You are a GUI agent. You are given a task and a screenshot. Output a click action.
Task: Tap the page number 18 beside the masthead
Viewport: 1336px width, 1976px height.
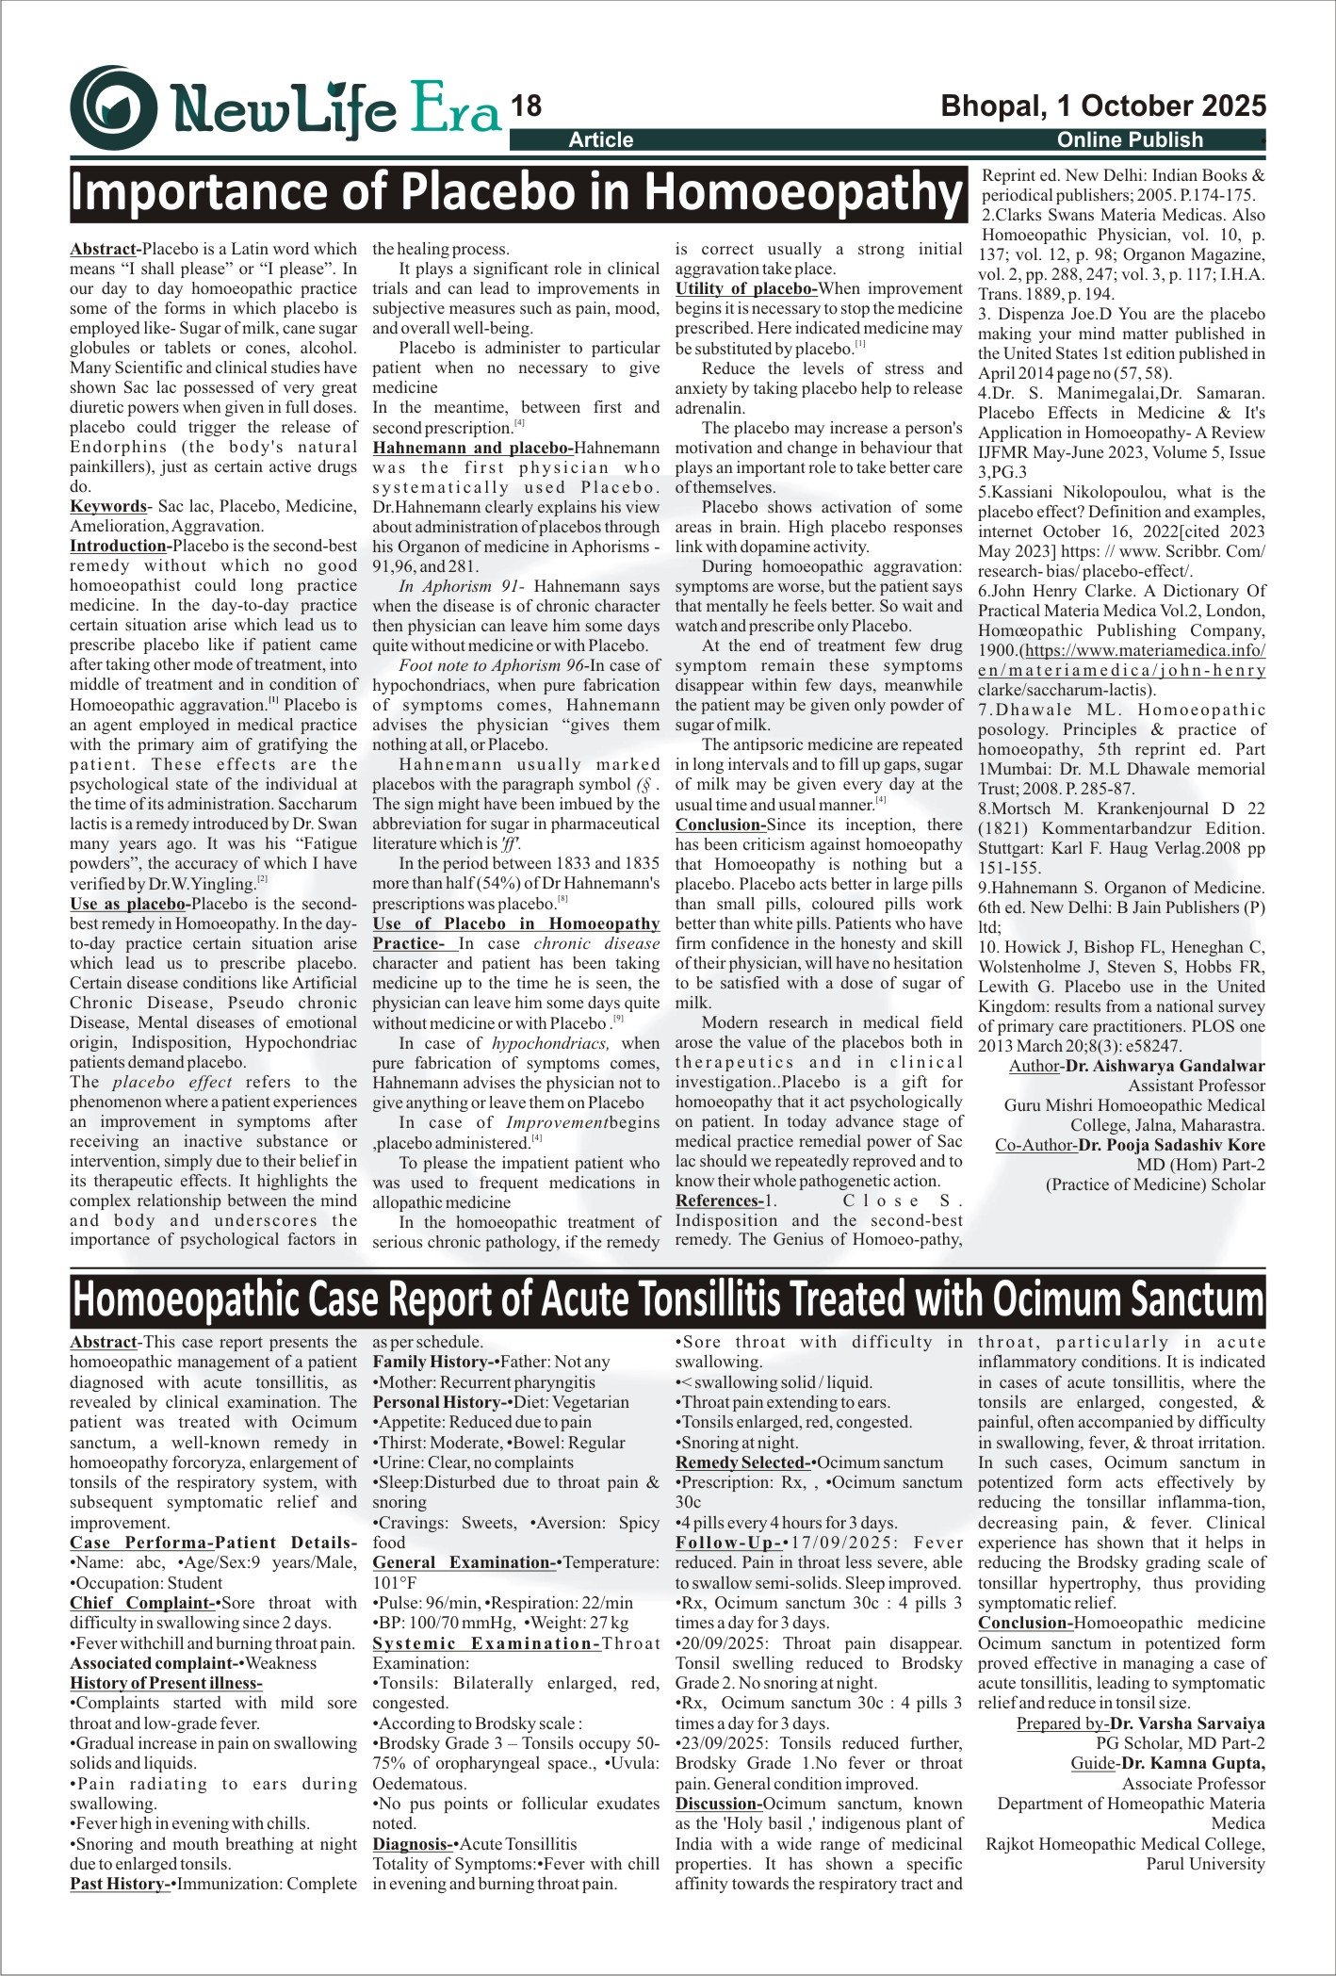[x=527, y=106]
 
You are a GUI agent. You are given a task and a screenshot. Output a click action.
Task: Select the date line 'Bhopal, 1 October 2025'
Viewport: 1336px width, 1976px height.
[x=1103, y=106]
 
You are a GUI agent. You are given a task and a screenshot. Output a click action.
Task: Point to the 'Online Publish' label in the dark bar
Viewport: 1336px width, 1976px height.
[x=1130, y=140]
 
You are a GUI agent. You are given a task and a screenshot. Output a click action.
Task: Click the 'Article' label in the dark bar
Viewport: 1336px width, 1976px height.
[x=601, y=140]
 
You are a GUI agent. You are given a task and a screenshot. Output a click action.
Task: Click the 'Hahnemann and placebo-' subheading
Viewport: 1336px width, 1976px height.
[x=473, y=448]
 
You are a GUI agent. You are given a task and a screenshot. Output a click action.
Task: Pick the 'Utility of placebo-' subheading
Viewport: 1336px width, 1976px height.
[x=746, y=288]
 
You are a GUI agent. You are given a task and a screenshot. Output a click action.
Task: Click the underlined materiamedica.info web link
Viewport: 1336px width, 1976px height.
[x=1145, y=650]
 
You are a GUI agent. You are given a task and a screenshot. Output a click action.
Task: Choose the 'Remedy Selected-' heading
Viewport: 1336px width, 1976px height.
[x=742, y=1462]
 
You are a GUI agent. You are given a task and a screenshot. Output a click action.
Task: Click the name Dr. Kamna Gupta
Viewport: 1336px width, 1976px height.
[x=1193, y=1763]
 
